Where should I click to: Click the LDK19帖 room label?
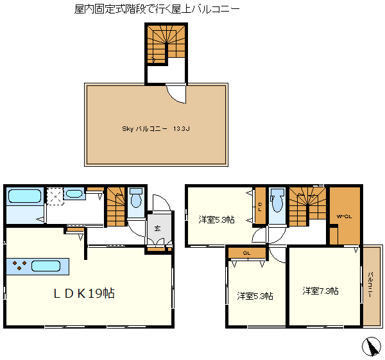coord(84,293)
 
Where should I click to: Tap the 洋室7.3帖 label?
coord(320,291)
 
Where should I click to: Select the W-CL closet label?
coord(344,217)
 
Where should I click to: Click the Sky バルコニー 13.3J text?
coord(156,129)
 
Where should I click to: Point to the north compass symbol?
coord(371,347)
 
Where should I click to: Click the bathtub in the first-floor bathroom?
coord(24,196)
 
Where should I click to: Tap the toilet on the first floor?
coord(136,198)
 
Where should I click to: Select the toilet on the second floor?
coord(277,201)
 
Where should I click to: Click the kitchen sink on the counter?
coord(46,266)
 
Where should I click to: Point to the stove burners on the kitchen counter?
coord(19,265)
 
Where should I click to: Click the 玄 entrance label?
coord(157,228)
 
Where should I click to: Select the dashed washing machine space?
coord(55,196)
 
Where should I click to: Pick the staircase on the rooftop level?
coord(166,44)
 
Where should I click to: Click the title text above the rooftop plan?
coord(157,9)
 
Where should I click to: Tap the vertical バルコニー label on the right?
coord(371,285)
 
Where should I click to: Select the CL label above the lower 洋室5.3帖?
coord(247,253)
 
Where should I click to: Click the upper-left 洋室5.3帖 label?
coord(217,219)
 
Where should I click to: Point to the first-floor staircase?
coord(116,206)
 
